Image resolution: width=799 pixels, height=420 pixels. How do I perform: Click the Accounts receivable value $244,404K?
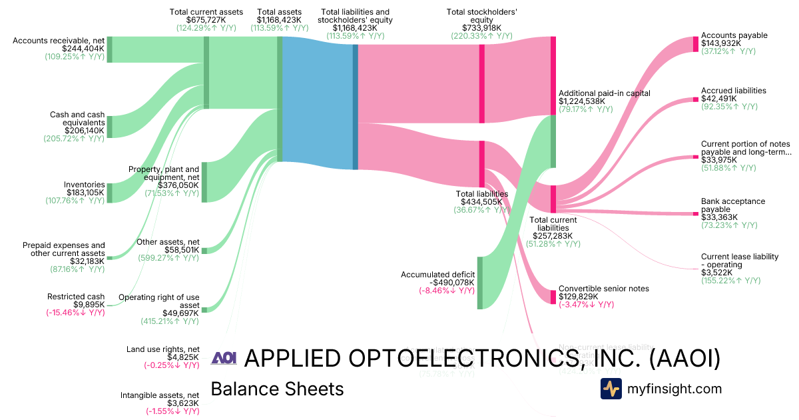pos(83,49)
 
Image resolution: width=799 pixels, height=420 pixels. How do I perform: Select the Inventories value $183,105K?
pos(85,193)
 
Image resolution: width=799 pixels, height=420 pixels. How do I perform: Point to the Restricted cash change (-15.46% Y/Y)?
pos(75,313)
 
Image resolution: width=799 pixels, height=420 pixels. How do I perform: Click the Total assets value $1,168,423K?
pos(279,20)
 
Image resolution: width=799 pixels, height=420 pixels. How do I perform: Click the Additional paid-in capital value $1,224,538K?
pos(582,101)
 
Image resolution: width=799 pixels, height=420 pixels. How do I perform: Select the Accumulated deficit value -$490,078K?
pos(445,283)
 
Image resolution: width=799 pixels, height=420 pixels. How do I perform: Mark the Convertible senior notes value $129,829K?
pos(581,297)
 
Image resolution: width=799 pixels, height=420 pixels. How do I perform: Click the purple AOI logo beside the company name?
pos(224,359)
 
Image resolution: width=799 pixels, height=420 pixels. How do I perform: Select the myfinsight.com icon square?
pos(611,389)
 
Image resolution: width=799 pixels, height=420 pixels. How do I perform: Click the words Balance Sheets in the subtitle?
pos(277,389)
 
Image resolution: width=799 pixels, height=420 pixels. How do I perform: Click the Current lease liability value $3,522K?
pos(718,272)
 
